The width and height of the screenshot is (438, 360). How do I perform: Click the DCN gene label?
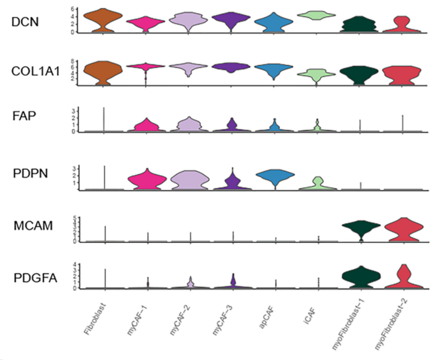[25, 22]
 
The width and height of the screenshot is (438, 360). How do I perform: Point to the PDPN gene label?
[30, 174]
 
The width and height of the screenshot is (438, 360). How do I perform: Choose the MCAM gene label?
[32, 225]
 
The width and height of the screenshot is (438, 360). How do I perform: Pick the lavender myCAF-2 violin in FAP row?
[190, 124]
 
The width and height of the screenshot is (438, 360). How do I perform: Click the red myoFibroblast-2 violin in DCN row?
[403, 25]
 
